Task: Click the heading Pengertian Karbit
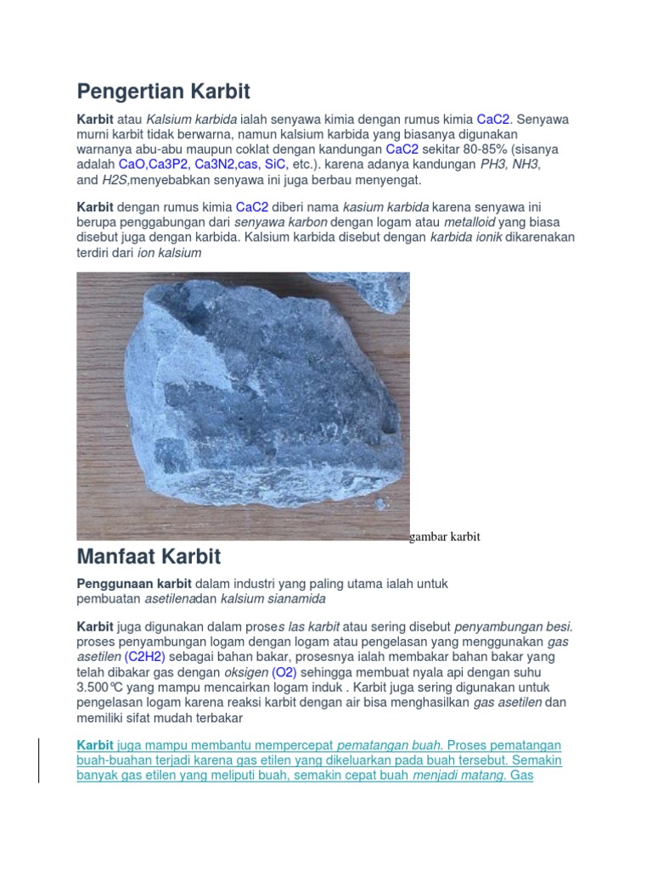point(164,91)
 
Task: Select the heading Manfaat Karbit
point(149,558)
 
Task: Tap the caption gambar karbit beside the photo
point(445,537)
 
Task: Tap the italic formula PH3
point(493,165)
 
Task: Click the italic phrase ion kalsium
point(169,253)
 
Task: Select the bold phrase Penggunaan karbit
point(134,584)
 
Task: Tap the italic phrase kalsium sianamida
point(273,599)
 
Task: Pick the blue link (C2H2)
point(144,657)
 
